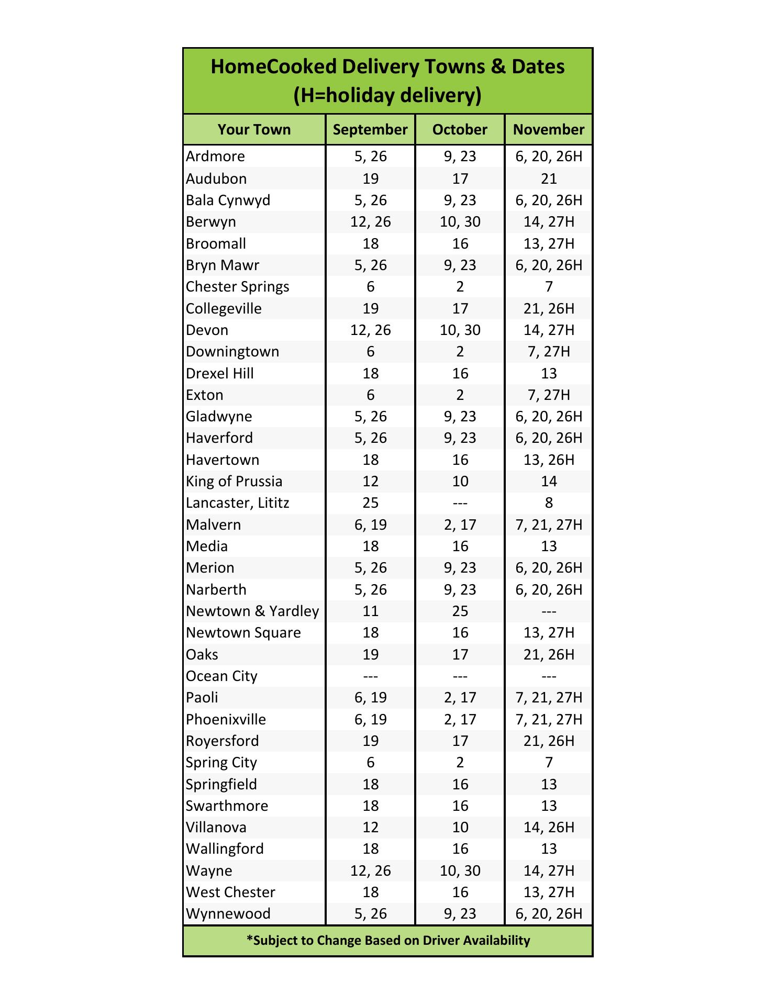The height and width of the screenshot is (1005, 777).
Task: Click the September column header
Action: (x=370, y=130)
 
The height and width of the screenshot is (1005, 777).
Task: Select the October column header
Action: (x=460, y=130)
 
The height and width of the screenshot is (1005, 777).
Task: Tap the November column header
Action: (x=549, y=130)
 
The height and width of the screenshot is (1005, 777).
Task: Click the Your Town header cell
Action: (x=254, y=130)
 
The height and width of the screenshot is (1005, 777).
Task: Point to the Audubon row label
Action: (x=216, y=178)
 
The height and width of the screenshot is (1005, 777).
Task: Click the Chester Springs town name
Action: (x=237, y=287)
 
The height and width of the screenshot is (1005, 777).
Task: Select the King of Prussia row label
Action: (x=234, y=482)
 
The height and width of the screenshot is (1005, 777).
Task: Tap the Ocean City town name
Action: (x=221, y=676)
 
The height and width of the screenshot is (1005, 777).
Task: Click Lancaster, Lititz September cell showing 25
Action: (x=370, y=503)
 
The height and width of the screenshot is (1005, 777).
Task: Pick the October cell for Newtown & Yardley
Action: (x=460, y=611)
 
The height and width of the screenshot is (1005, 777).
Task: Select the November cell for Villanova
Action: (x=549, y=828)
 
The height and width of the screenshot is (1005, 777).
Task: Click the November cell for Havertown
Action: (x=549, y=460)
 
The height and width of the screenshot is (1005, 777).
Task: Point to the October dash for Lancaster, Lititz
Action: (x=460, y=504)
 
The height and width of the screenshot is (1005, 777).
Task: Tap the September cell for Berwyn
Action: (x=370, y=222)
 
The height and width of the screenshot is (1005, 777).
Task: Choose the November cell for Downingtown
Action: (x=549, y=352)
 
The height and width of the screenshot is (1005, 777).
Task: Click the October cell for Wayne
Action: (x=460, y=871)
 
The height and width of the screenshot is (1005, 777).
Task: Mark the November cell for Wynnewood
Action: (x=549, y=914)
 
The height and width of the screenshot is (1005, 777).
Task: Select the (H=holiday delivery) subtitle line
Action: (x=387, y=96)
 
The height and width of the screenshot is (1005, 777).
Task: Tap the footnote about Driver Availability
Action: (x=388, y=941)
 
